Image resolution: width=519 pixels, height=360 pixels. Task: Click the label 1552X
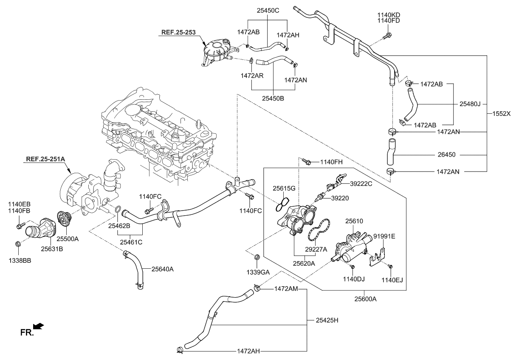(502, 114)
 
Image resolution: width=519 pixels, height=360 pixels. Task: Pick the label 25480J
(470, 104)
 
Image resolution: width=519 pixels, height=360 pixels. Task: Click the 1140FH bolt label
(331, 162)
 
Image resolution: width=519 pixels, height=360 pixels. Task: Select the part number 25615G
(284, 187)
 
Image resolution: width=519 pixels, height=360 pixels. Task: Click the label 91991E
(384, 236)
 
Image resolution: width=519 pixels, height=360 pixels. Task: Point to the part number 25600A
(366, 299)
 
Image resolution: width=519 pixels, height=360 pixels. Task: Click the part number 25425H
(327, 320)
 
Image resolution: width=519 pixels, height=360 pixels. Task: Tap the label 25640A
(163, 269)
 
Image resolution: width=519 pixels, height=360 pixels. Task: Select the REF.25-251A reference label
(45, 160)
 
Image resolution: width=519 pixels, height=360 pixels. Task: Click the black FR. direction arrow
(38, 326)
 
